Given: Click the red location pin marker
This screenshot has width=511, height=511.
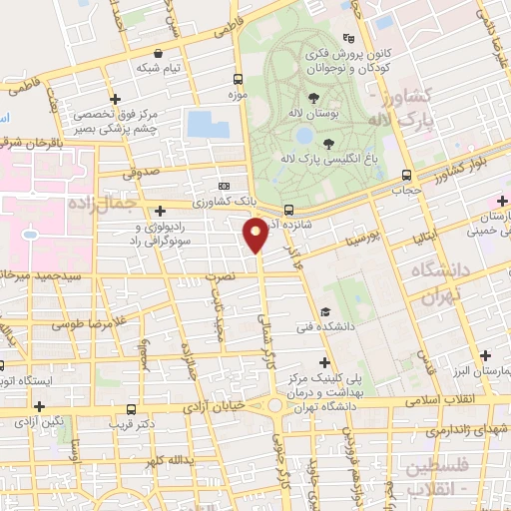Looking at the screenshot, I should [255, 236].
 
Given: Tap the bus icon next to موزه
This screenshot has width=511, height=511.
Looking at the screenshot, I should [238, 78].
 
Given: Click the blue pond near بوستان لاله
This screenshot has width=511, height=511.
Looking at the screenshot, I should [207, 125].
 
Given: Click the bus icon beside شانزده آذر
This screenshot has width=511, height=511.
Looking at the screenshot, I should [288, 210].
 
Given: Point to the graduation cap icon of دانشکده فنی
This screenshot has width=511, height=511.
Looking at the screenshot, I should [326, 312].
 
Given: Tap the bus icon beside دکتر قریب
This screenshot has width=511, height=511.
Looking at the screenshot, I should [131, 408].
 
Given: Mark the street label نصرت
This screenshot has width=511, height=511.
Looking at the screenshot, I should [228, 272].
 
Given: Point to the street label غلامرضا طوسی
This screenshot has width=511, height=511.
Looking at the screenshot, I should [71, 323].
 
